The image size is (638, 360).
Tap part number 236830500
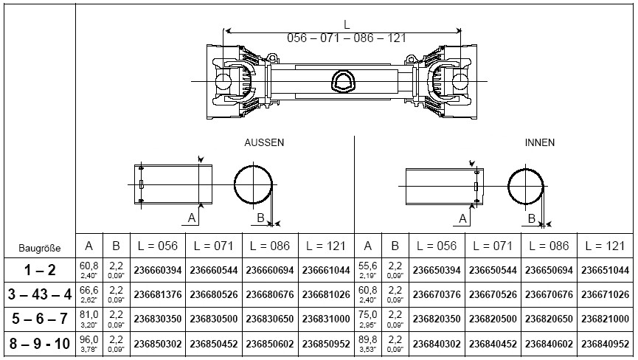[x=215, y=321]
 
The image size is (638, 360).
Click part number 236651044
[x=606, y=271]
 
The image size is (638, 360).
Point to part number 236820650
[x=549, y=321]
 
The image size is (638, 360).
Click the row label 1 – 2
[x=40, y=271]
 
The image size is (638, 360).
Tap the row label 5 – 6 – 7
[x=40, y=320]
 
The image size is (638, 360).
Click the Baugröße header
[x=40, y=248]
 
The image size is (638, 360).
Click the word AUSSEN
[x=264, y=142]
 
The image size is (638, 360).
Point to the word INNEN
[x=539, y=142]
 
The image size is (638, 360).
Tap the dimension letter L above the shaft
[x=347, y=24]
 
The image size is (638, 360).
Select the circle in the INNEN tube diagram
[x=527, y=185]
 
